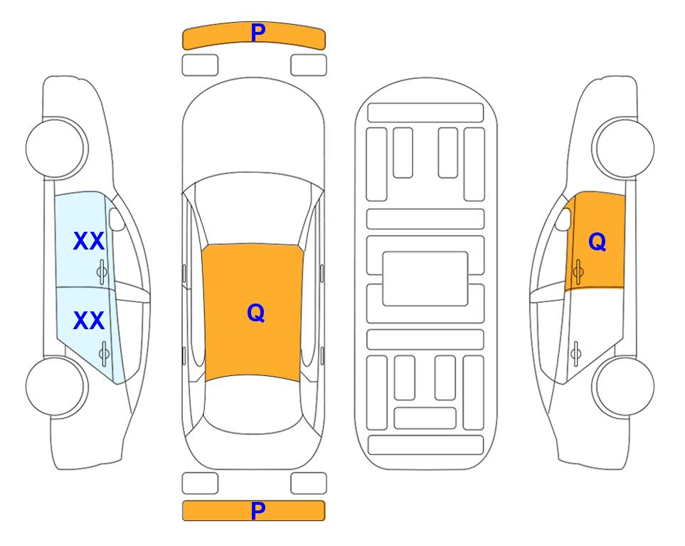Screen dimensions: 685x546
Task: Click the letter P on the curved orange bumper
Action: tap(258, 32)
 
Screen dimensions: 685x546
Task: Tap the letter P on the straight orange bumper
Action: tap(258, 510)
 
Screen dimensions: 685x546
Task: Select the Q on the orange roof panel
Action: tap(256, 313)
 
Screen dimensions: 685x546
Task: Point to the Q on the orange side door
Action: tap(598, 242)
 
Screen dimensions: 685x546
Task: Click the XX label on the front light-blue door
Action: tap(89, 241)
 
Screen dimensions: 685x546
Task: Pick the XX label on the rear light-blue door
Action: tap(89, 321)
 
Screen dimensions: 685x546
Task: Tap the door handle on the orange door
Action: tap(578, 272)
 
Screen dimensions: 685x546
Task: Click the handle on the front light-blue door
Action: tap(102, 272)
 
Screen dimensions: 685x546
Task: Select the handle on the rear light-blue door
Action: tap(104, 353)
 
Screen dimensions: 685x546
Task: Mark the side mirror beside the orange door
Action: tap(563, 219)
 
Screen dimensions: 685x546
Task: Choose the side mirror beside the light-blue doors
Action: tap(117, 219)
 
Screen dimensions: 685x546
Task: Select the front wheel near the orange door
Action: tap(623, 148)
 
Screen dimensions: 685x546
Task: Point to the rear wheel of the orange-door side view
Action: tap(623, 386)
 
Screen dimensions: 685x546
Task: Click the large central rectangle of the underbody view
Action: tap(425, 279)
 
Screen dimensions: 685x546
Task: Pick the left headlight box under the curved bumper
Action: tap(200, 65)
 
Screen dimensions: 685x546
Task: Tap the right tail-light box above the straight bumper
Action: tap(309, 483)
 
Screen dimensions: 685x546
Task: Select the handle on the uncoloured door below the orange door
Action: tap(575, 353)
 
